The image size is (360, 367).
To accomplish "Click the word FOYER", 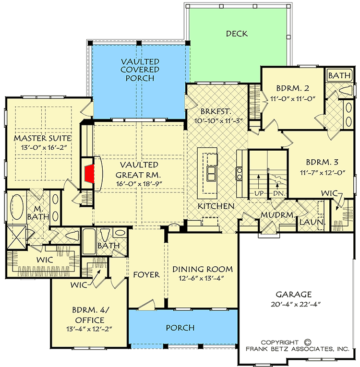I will tap(146, 275).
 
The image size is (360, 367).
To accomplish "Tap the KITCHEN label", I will tap(217, 206).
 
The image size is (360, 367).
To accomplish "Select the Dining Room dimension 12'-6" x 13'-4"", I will tap(202, 279).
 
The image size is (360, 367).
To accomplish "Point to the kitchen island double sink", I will tap(210, 173).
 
